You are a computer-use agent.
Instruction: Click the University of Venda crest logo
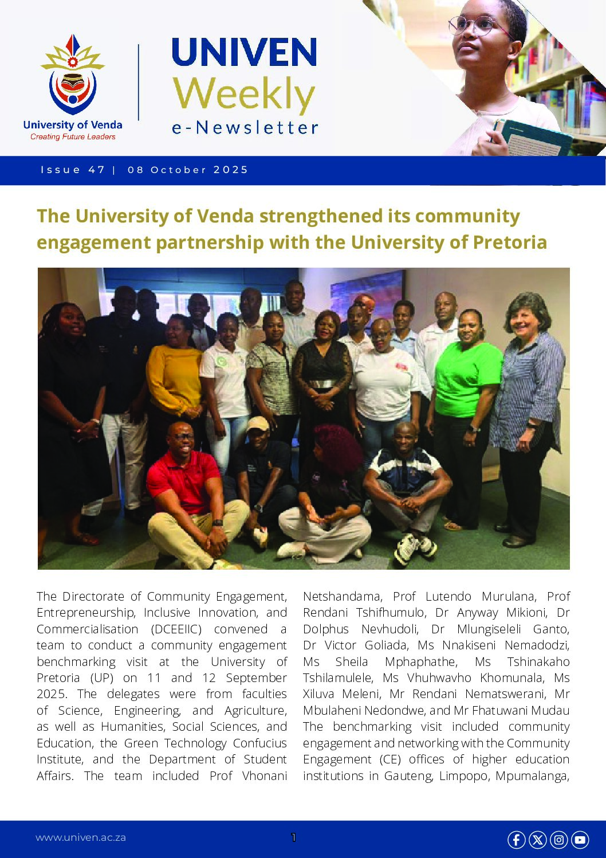[72, 75]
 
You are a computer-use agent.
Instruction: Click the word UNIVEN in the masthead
[244, 53]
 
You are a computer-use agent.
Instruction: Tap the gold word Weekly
[244, 94]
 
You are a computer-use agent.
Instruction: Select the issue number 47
[97, 170]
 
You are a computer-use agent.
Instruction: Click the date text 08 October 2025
[188, 170]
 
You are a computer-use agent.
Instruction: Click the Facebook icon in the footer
[516, 840]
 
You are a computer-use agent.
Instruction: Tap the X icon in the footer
[537, 840]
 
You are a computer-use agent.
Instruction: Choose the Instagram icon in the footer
[558, 840]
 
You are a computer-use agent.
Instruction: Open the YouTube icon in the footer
[580, 840]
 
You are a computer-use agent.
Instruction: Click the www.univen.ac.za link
[81, 837]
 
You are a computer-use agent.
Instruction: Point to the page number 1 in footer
[293, 837]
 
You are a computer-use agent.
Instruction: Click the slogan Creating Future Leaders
[73, 137]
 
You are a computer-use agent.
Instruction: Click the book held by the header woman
[531, 138]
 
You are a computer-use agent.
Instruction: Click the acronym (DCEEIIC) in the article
[176, 629]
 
